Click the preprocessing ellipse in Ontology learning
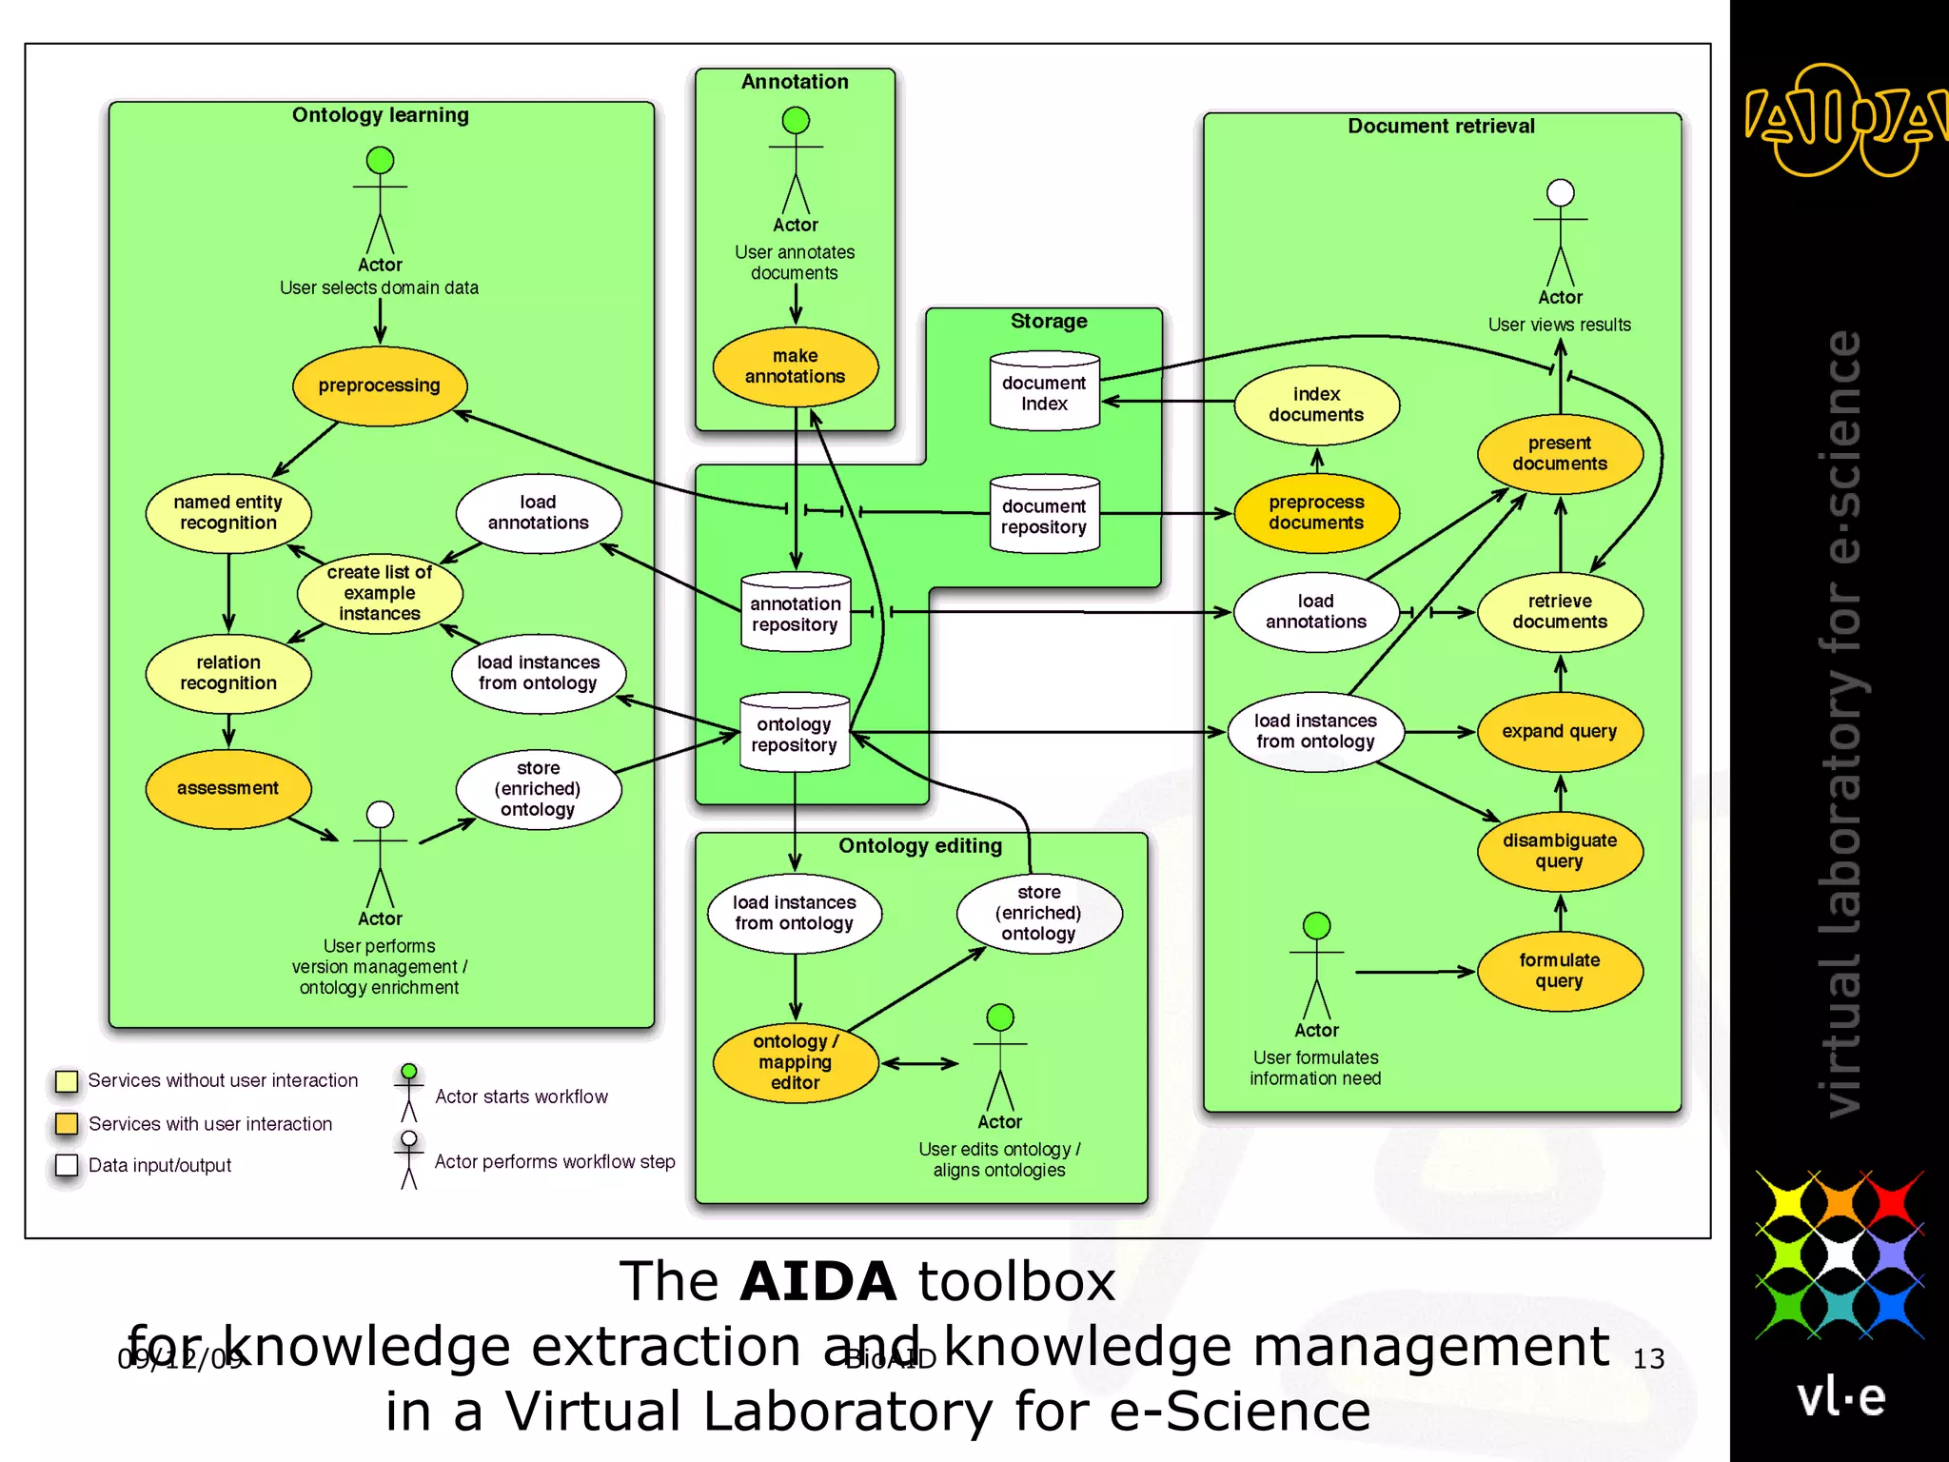pos(379,385)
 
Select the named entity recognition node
pos(227,513)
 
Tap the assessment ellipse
pos(227,788)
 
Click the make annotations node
pos(795,366)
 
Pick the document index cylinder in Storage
pos(1044,392)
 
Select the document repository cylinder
pos(1044,515)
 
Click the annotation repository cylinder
pos(795,613)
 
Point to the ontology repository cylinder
pos(795,733)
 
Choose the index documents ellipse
pos(1316,405)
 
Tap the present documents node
pos(1560,454)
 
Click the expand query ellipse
pos(1560,731)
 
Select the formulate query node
pos(1560,971)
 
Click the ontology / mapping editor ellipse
pos(795,1062)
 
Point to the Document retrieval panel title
pos(1441,126)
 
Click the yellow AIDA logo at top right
pos(1841,121)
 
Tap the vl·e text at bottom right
pos(1841,1397)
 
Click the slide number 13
pos(1648,1359)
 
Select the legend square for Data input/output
pos(67,1165)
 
